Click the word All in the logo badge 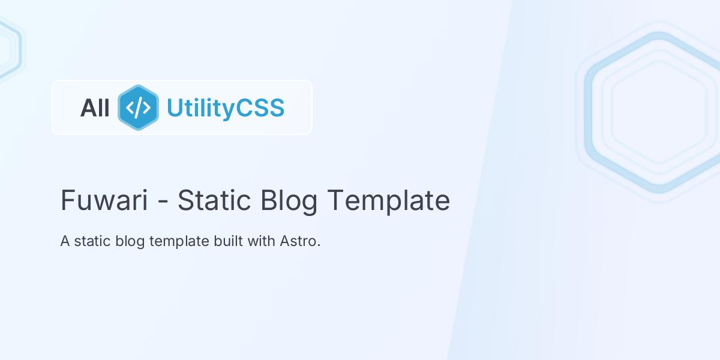95,108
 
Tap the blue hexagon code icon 138,107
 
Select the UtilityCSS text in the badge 226,109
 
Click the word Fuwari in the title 104,200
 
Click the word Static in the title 214,200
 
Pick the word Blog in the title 289,202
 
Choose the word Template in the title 389,202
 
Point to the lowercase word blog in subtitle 130,242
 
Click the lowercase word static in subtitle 92,241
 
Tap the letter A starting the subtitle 65,241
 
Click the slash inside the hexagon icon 138,108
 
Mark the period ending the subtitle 319,245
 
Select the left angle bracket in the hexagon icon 130,108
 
